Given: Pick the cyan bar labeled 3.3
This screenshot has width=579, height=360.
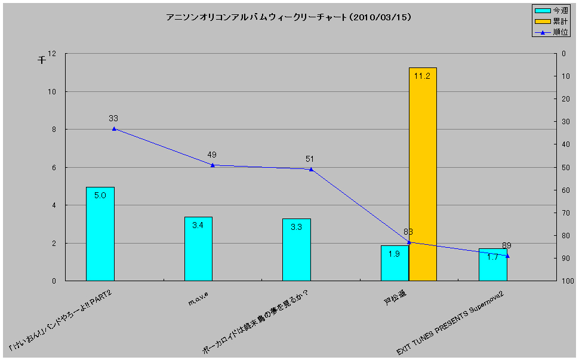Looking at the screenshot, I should [x=297, y=250].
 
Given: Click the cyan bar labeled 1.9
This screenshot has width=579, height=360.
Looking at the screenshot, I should [x=395, y=263].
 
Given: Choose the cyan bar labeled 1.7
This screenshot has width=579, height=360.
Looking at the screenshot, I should [x=492, y=265].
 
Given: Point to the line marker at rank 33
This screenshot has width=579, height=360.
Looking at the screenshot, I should [x=114, y=129].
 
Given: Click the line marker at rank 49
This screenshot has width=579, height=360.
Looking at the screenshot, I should [x=212, y=165].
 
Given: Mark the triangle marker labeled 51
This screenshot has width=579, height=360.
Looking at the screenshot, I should [x=311, y=169].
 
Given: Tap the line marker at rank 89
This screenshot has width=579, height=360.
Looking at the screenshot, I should [x=507, y=256].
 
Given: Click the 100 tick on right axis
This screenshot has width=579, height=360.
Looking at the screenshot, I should [x=567, y=281].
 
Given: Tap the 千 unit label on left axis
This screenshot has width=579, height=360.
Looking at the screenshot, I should [x=42, y=60].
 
